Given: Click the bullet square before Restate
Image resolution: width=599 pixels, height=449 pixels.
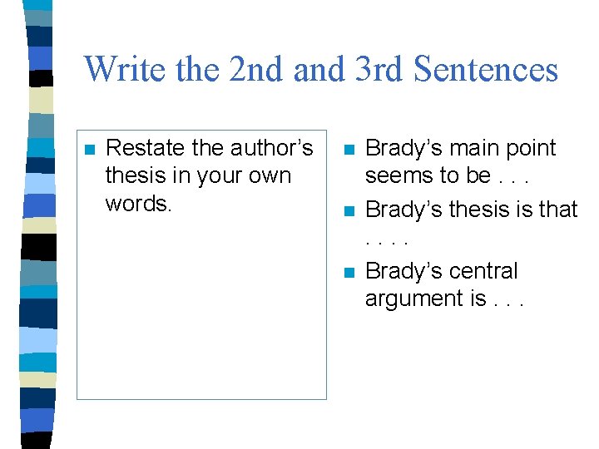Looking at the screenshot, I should pyautogui.click(x=90, y=150).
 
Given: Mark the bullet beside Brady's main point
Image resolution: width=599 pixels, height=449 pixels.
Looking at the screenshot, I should pyautogui.click(x=349, y=150).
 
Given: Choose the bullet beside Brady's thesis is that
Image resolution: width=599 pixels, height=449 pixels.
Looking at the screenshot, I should pyautogui.click(x=349, y=211).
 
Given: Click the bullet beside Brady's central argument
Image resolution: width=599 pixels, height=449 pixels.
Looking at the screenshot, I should pyautogui.click(x=349, y=273).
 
